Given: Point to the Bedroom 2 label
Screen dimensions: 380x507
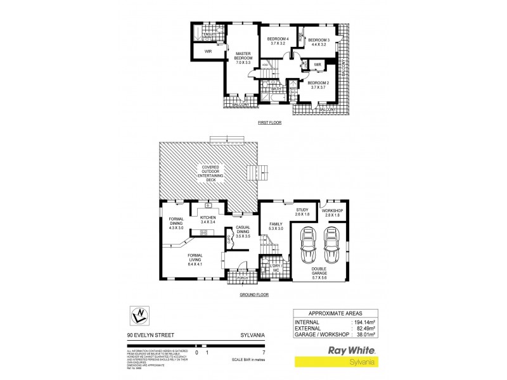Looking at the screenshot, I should point(317,85).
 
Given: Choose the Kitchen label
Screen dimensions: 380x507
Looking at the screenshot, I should point(208,220).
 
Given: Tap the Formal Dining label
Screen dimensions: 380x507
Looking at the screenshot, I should point(176,223).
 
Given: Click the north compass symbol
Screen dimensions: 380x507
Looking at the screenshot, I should point(138,315).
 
